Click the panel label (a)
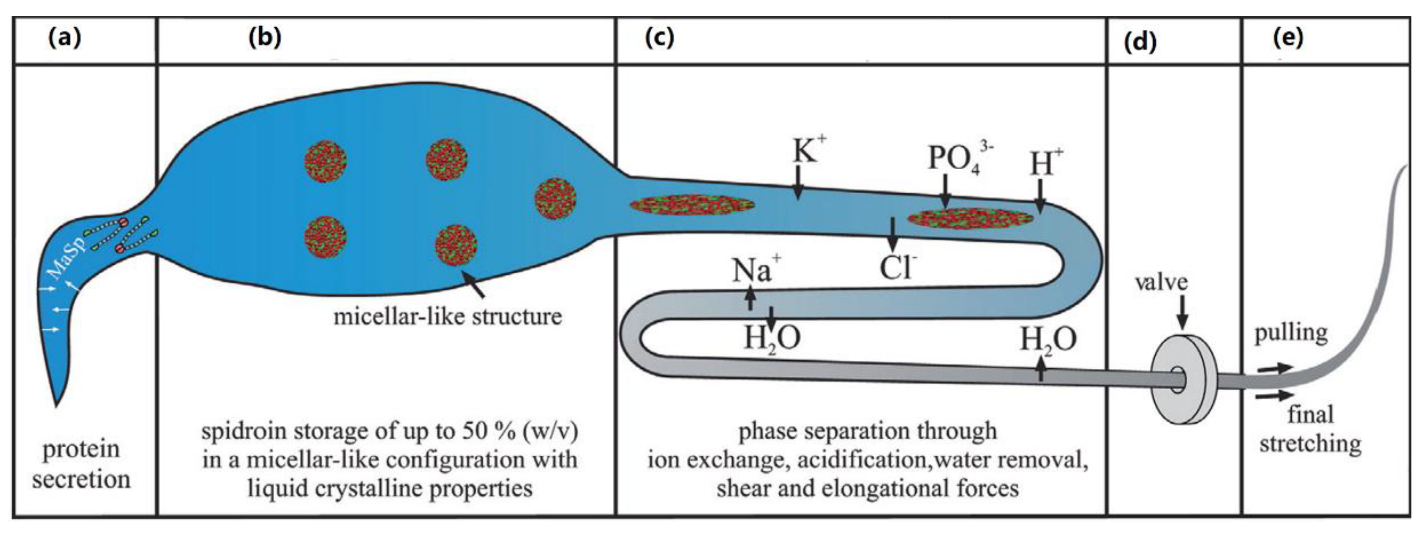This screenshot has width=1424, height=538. click(x=65, y=38)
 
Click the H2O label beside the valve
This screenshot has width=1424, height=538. click(x=1048, y=339)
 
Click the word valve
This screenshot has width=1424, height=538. click(x=1161, y=283)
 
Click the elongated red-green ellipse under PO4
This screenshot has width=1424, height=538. click(x=969, y=218)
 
